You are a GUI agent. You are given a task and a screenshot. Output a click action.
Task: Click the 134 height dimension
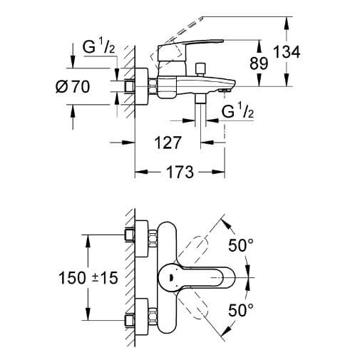pyautogui.click(x=287, y=52)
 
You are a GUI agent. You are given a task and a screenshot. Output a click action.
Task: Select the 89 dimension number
pyautogui.click(x=259, y=63)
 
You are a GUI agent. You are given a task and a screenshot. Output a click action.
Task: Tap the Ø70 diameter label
pyautogui.click(x=73, y=86)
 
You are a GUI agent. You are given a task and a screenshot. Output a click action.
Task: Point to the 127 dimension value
pyautogui.click(x=168, y=143)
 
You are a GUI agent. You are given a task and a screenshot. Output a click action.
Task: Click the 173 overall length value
pyautogui.click(x=180, y=172)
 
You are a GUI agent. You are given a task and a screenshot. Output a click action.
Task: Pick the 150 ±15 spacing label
pyautogui.click(x=88, y=278)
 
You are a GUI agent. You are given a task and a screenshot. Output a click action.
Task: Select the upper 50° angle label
pyautogui.click(x=241, y=245)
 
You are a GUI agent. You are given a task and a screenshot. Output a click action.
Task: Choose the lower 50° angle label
pyautogui.click(x=241, y=309)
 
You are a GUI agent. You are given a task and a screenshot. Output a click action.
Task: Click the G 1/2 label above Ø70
pyautogui.click(x=98, y=46)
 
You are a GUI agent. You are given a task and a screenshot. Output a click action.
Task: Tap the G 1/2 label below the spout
pyautogui.click(x=237, y=110)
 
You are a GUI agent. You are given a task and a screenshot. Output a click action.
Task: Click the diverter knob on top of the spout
pyautogui.click(x=200, y=69)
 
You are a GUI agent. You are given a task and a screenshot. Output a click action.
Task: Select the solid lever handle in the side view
pyautogui.click(x=187, y=55)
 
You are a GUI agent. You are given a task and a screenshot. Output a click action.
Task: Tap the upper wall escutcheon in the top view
pyautogui.click(x=141, y=239)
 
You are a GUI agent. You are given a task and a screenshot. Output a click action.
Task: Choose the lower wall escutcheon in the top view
pyautogui.click(x=141, y=317)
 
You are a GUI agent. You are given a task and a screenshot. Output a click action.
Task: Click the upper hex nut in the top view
pyautogui.click(x=153, y=239)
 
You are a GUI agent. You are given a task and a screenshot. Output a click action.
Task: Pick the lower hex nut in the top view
pyautogui.click(x=153, y=317)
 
